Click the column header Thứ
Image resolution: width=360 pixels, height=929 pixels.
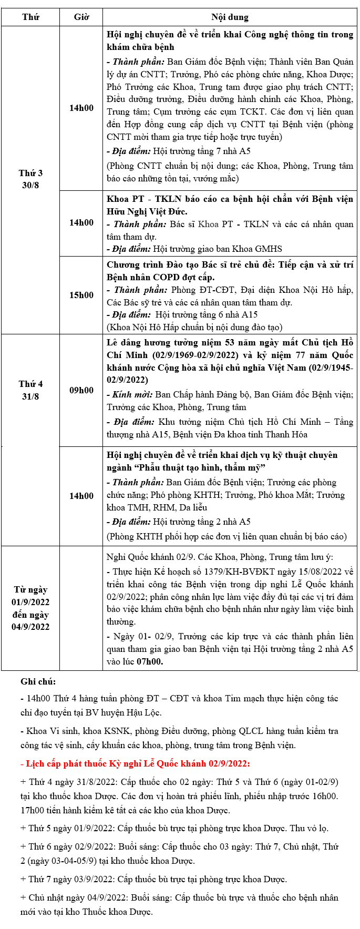pyautogui.click(x=30, y=17)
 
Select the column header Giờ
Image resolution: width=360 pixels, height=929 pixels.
pyautogui.click(x=81, y=17)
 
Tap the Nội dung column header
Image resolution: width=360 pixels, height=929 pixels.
pyautogui.click(x=230, y=17)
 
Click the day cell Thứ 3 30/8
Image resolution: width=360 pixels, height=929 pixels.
pyautogui.click(x=30, y=179)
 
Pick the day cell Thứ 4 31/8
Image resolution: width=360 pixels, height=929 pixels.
pyautogui.click(x=30, y=390)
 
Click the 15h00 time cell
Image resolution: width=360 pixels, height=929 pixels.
pyautogui.click(x=81, y=295)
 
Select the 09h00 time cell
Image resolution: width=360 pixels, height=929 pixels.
pyautogui.click(x=81, y=390)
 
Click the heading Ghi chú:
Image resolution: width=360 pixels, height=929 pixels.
pyautogui.click(x=38, y=682)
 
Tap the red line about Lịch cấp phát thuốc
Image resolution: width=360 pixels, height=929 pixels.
pyautogui.click(x=135, y=763)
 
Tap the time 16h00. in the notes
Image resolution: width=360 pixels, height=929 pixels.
pyautogui.click(x=325, y=796)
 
